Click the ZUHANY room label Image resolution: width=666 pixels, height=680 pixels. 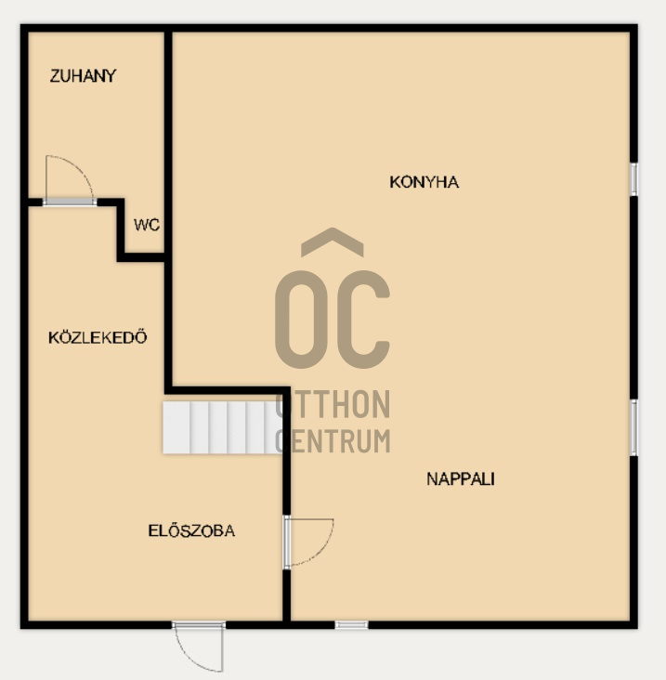pyautogui.click(x=83, y=76)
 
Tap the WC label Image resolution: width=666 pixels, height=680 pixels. pyautogui.click(x=147, y=225)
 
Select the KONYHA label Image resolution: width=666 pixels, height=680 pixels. pyautogui.click(x=424, y=182)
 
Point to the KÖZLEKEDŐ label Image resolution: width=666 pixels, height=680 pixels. pyautogui.click(x=98, y=337)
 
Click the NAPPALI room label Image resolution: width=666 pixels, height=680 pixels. pyautogui.click(x=461, y=479)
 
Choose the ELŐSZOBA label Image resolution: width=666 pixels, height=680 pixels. pyautogui.click(x=191, y=530)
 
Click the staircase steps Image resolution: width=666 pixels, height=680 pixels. pyautogui.click(x=222, y=427)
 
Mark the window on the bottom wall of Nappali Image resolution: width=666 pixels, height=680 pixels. pyautogui.click(x=352, y=625)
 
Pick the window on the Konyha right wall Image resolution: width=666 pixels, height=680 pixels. pyautogui.click(x=633, y=179)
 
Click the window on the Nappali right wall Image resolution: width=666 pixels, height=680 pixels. pyautogui.click(x=633, y=427)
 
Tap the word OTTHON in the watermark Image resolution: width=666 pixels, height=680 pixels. pyautogui.click(x=333, y=404)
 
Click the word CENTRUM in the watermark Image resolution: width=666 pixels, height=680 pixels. pyautogui.click(x=333, y=440)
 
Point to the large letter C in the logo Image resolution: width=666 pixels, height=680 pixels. pyautogui.click(x=363, y=320)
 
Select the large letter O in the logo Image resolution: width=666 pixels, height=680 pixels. pyautogui.click(x=301, y=320)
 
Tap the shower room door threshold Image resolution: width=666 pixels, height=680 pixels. pyautogui.click(x=70, y=203)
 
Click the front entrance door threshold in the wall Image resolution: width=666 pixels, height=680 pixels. pyautogui.click(x=199, y=625)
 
